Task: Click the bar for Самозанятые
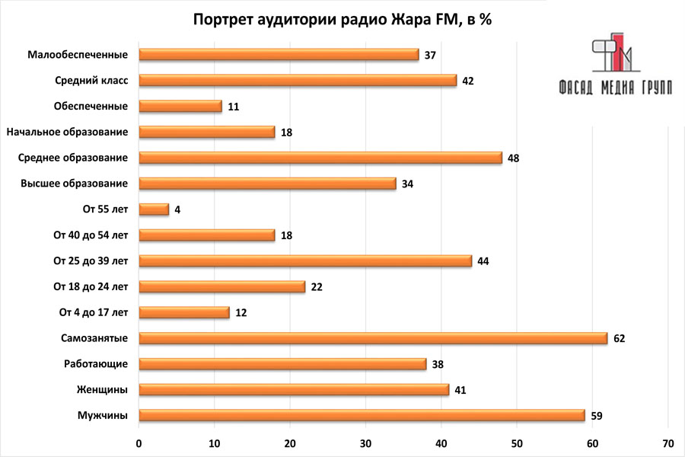pyautogui.click(x=373, y=338)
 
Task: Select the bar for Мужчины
pyautogui.click(x=362, y=415)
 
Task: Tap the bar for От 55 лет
pyautogui.click(x=154, y=209)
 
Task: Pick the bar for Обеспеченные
pyautogui.click(x=180, y=107)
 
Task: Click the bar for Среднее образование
pyautogui.click(x=320, y=158)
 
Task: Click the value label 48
pyautogui.click(x=513, y=158)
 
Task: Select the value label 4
pyautogui.click(x=177, y=209)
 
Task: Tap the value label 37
pyautogui.click(x=430, y=56)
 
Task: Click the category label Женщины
pyautogui.click(x=102, y=390)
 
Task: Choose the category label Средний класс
pyautogui.click(x=91, y=81)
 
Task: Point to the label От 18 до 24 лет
pyautogui.click(x=91, y=287)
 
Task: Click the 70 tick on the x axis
pyautogui.click(x=667, y=443)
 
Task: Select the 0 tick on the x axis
pyautogui.click(x=139, y=443)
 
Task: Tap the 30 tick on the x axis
pyautogui.click(x=365, y=443)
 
